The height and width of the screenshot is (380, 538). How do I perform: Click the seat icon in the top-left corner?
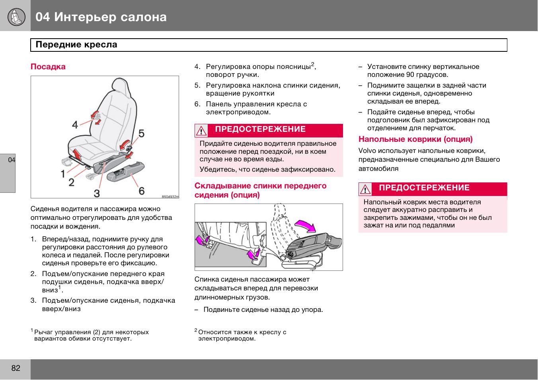16,16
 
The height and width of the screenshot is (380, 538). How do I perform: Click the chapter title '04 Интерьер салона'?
101,17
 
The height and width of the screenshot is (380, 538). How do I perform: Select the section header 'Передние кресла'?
76,45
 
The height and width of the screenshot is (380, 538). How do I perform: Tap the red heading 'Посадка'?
48,67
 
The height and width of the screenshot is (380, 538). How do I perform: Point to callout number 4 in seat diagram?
75,125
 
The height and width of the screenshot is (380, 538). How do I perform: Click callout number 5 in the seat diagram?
142,133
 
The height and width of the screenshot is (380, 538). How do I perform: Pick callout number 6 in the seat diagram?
142,191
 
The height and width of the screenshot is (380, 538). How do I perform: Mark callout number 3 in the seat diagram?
97,193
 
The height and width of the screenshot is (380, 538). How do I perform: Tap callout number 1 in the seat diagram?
63,174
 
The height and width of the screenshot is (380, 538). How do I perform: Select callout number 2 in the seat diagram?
72,182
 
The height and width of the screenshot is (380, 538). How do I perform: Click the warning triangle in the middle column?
201,131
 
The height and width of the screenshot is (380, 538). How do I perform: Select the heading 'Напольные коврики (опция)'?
415,139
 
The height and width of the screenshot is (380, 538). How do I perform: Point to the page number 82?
16,368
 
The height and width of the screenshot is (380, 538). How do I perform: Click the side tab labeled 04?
11,160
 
